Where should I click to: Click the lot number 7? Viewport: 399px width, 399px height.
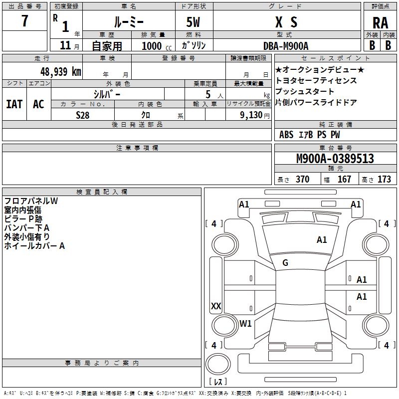point(24,21)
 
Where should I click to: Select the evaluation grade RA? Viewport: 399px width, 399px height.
point(380,22)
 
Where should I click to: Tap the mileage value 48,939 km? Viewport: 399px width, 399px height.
point(60,71)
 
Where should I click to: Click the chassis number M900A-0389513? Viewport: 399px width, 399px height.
point(335,159)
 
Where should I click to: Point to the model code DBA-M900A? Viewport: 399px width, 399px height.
point(286,45)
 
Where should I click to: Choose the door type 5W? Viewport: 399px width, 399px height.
point(194,22)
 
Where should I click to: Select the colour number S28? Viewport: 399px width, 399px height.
point(83,115)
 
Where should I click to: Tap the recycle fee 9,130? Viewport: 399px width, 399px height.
point(254,115)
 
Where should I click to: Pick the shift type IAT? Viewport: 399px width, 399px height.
point(14,104)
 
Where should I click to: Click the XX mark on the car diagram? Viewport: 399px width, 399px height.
point(216,306)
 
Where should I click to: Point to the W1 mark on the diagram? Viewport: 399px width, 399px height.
point(245,323)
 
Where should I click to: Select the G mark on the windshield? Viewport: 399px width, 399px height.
point(285,263)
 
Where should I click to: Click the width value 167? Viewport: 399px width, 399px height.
point(344,179)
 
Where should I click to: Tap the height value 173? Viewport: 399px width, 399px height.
point(384,179)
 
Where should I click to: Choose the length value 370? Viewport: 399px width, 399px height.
point(302,179)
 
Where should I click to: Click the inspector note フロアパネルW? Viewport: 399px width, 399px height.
point(31,201)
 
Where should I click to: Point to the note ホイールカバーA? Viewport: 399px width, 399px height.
point(34,246)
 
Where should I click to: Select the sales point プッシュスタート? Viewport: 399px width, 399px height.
point(305,92)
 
